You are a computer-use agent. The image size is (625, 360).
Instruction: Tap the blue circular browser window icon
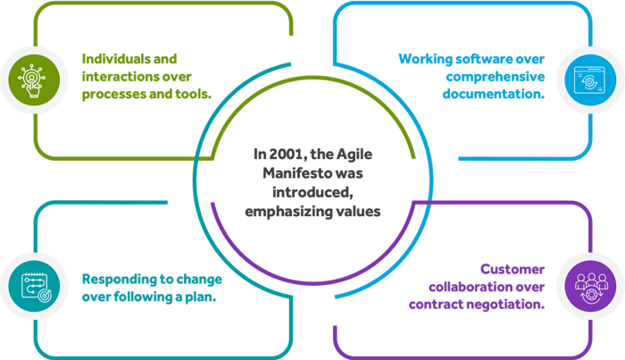(x=590, y=76)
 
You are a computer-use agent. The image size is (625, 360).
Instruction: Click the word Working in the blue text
(x=423, y=59)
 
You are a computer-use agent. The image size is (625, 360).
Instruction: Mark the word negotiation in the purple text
(x=506, y=303)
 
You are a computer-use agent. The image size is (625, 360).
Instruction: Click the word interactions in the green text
(x=115, y=76)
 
